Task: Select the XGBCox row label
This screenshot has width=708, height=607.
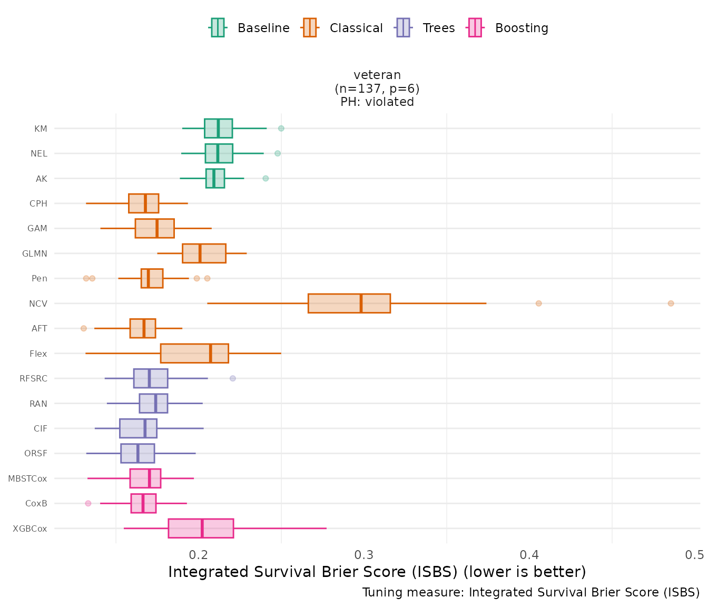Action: (30, 528)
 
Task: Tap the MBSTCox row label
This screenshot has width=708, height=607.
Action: (27, 478)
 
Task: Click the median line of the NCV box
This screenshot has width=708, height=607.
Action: (361, 303)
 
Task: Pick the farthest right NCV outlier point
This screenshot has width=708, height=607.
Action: (671, 303)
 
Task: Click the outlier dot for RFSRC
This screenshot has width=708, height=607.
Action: (233, 378)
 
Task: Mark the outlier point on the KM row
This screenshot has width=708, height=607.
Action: (281, 129)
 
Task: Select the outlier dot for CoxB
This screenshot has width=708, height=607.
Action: (88, 503)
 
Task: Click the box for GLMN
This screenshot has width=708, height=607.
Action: (204, 253)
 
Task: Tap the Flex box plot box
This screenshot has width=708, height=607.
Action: (194, 354)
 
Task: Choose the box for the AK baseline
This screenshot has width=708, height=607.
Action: (215, 179)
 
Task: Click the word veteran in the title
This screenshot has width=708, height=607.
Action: (377, 75)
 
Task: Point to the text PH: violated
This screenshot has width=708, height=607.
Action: (377, 102)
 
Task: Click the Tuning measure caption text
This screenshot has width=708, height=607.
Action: (531, 592)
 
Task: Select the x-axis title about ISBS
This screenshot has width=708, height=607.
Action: (377, 572)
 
